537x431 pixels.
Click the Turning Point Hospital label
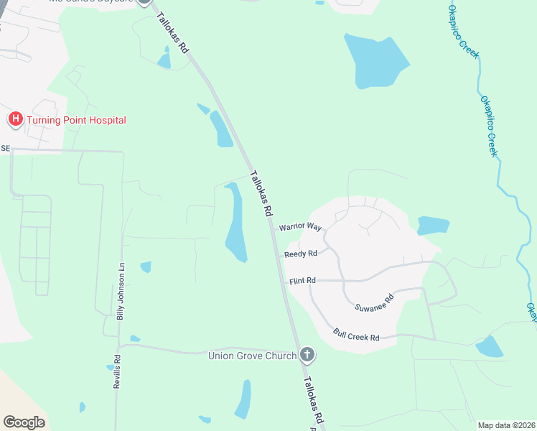(76, 120)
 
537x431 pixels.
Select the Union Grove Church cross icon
(307, 354)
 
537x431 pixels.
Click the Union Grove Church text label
(252, 356)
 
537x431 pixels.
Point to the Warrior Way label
(300, 226)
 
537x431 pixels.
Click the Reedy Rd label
(300, 254)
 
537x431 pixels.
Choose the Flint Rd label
(302, 280)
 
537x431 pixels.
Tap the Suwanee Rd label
(375, 302)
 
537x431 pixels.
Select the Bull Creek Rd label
(355, 335)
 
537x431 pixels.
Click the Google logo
(24, 422)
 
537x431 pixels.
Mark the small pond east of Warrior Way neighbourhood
(433, 226)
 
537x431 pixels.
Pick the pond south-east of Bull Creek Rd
(490, 346)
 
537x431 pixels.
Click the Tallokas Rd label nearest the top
(172, 34)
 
